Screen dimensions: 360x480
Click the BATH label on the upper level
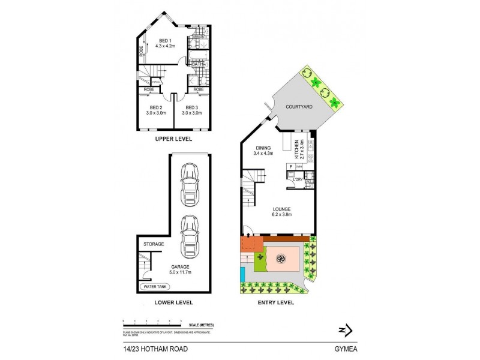click(196, 64)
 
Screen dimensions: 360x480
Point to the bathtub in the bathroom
click(196, 58)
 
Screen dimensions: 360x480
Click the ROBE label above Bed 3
click(198, 89)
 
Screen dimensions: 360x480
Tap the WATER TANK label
click(155, 287)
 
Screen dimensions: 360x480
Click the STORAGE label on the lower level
click(154, 245)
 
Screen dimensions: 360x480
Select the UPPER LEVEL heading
click(173, 139)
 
